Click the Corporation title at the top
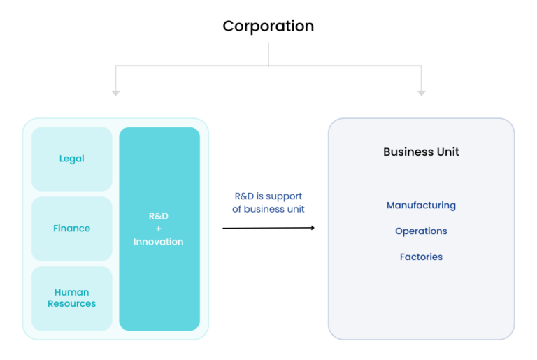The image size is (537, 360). point(268,27)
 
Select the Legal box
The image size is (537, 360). point(71,159)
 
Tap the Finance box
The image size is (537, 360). point(71,229)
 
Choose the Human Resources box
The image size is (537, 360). point(71,298)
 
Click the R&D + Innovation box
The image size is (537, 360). point(159,229)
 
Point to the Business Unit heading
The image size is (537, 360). point(421,152)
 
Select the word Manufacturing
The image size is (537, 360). point(421,206)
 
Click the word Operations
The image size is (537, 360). point(421,231)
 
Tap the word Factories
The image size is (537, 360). point(421,257)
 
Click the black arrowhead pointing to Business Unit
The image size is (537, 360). point(311,227)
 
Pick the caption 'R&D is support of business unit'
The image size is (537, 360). point(268,203)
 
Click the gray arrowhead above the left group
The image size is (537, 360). point(116,93)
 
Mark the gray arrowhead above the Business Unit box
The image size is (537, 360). point(421,93)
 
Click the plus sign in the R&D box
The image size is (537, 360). point(159,229)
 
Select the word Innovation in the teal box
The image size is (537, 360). point(159,242)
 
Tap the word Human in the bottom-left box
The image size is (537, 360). point(71,292)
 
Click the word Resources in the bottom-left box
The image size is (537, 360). point(71,304)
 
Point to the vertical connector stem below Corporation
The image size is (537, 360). point(268,54)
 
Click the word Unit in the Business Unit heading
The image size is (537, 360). point(447,152)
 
